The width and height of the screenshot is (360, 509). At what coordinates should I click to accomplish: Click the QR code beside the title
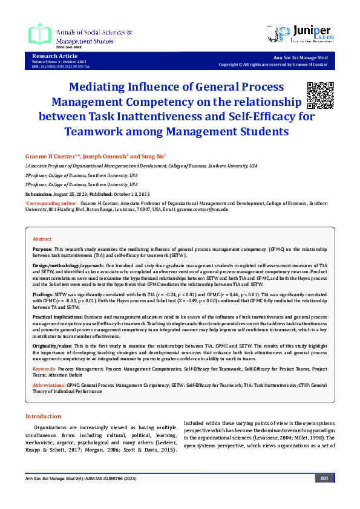point(319,94)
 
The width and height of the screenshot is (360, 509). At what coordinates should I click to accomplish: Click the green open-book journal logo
point(40,34)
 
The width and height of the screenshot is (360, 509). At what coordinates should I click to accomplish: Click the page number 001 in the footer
point(324,478)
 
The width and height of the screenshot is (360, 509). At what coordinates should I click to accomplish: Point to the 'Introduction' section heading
point(43,417)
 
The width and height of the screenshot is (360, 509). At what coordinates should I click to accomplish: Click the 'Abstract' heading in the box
point(42,239)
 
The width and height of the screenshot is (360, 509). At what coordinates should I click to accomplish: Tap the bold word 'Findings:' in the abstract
point(43,293)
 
